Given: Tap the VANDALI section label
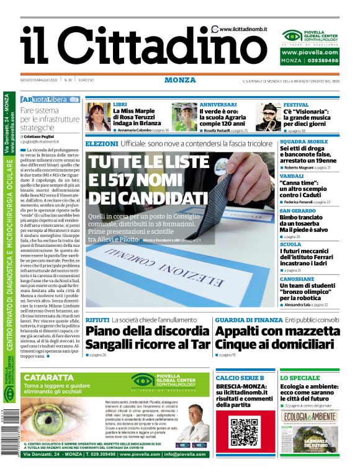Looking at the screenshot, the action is [x=292, y=176].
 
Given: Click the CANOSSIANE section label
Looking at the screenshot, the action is [x=297, y=279].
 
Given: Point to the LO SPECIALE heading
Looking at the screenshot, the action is [x=300, y=378].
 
